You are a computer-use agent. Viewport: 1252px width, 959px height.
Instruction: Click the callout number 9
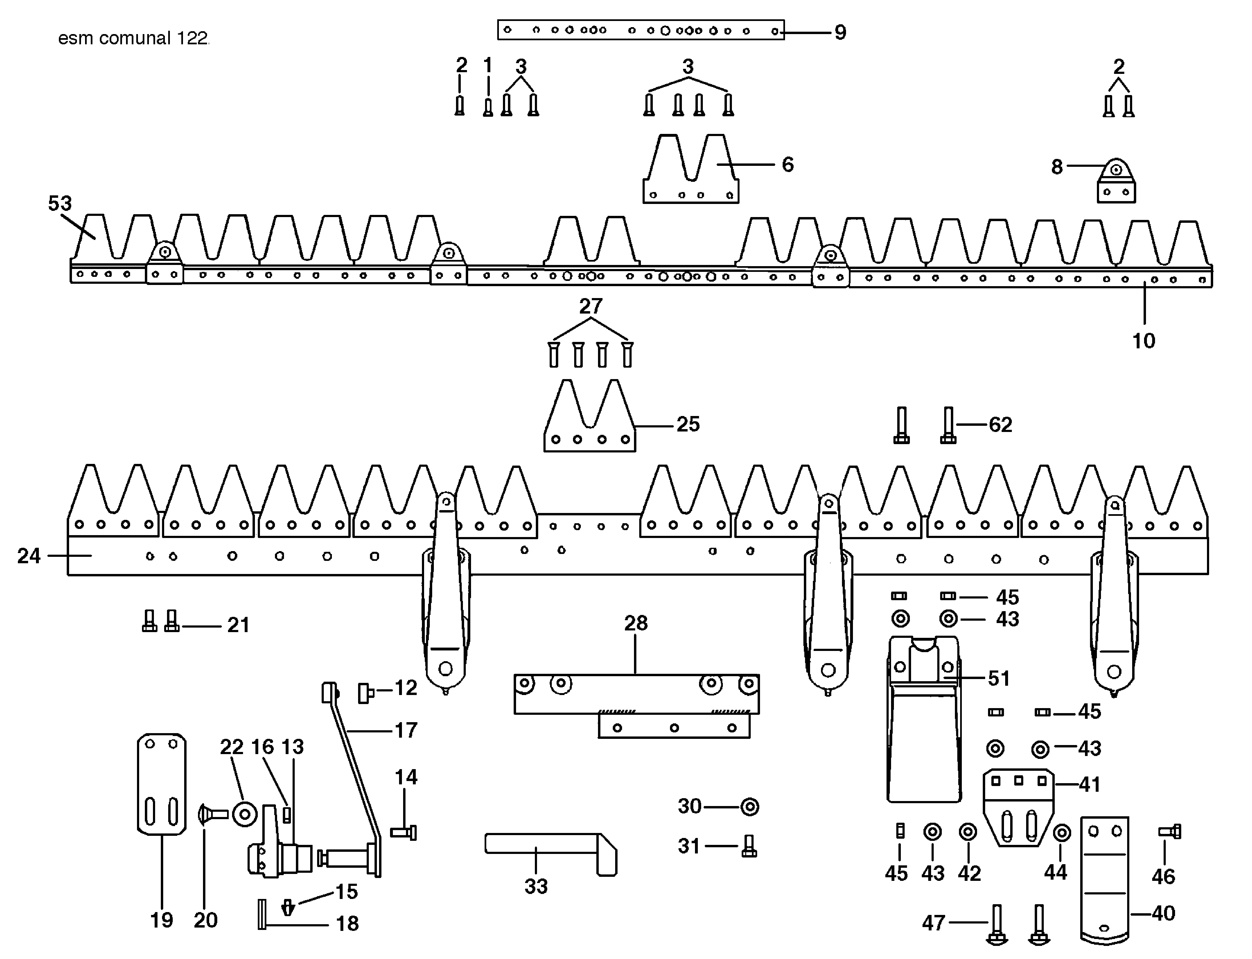(x=840, y=33)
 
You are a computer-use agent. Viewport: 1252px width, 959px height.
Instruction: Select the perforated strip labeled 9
(x=640, y=30)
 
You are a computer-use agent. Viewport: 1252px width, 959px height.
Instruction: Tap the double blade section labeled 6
(x=690, y=171)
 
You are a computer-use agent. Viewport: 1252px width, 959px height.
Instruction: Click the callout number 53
(x=60, y=203)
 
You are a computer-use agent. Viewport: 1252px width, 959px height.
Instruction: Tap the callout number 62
(x=1000, y=425)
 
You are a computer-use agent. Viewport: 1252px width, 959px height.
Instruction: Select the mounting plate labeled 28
(x=636, y=702)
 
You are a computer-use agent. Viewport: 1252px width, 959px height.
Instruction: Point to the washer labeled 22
(x=245, y=814)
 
